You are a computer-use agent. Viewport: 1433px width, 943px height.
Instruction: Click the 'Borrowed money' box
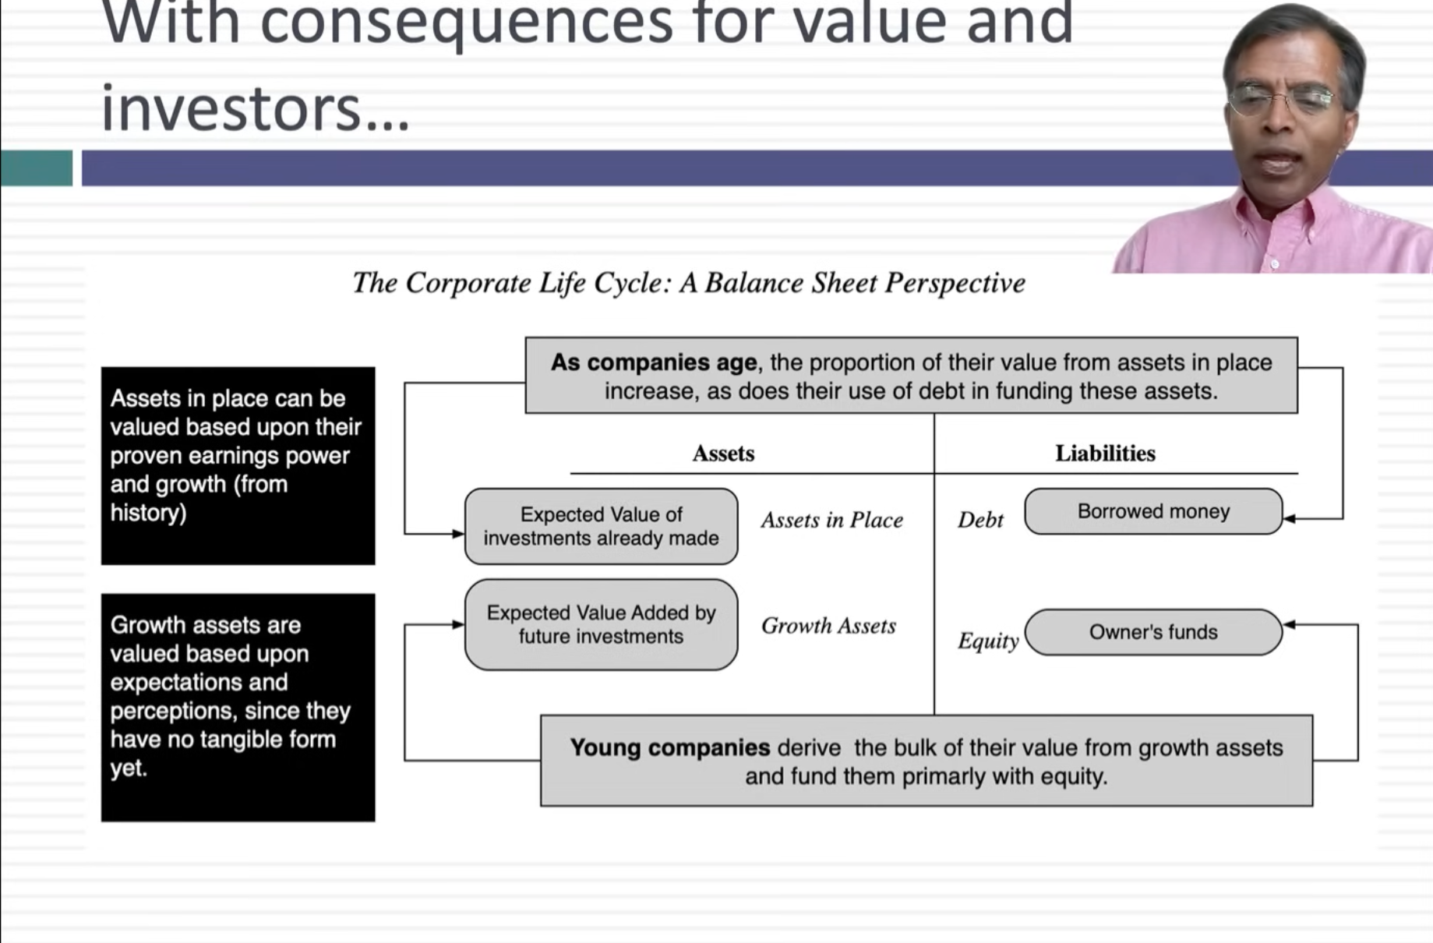pyautogui.click(x=1152, y=511)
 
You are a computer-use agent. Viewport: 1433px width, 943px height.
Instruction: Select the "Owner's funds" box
pyautogui.click(x=1152, y=632)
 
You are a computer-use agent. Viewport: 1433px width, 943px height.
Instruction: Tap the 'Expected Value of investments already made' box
pyautogui.click(x=601, y=526)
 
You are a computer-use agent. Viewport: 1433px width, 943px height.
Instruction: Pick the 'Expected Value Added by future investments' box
pyautogui.click(x=601, y=624)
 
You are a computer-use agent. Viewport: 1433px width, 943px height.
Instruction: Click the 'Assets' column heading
pyautogui.click(x=723, y=454)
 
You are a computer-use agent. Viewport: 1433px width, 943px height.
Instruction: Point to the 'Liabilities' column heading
pyautogui.click(x=1105, y=454)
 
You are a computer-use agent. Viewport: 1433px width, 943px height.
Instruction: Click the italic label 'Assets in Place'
pyautogui.click(x=831, y=520)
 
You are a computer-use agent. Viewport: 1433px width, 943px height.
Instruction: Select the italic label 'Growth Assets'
pyautogui.click(x=828, y=626)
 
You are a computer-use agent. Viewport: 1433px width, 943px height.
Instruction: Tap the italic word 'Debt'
pyautogui.click(x=980, y=520)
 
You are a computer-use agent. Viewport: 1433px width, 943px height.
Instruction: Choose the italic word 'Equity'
pyautogui.click(x=987, y=641)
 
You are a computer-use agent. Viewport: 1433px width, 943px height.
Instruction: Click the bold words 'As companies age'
pyautogui.click(x=653, y=362)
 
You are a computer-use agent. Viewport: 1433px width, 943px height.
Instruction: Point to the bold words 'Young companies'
pyautogui.click(x=669, y=747)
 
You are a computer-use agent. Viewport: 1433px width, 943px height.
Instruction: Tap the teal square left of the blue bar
pyautogui.click(x=37, y=168)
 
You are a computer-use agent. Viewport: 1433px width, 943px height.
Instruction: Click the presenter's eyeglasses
pyautogui.click(x=1282, y=100)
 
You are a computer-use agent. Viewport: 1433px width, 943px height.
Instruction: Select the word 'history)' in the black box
pyautogui.click(x=148, y=513)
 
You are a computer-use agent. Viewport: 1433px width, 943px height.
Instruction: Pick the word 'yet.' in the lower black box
pyautogui.click(x=129, y=768)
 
